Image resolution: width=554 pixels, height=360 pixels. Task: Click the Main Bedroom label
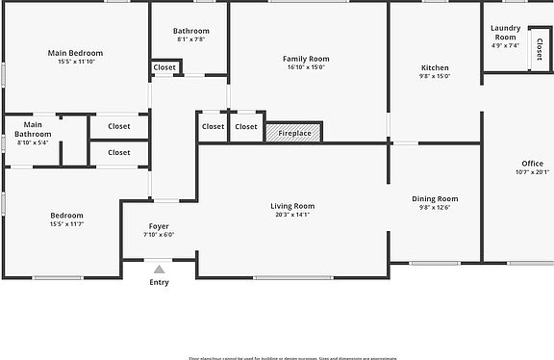(75, 52)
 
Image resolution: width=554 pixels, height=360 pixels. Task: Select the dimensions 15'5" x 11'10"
(75, 62)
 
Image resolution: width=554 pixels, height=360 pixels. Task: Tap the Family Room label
(306, 59)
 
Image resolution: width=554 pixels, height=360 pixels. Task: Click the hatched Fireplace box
(293, 133)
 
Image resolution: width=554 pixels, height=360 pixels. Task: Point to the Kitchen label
(435, 67)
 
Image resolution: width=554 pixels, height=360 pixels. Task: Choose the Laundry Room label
(505, 33)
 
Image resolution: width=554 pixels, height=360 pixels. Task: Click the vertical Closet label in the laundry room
(539, 48)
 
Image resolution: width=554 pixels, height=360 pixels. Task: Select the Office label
(533, 164)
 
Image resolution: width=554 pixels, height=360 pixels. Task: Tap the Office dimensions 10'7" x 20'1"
(533, 173)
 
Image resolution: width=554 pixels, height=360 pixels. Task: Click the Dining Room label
(435, 198)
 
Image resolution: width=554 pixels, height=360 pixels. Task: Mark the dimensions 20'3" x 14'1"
(291, 216)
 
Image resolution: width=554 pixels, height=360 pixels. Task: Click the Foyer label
(159, 225)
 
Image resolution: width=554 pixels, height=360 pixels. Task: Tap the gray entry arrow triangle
(159, 270)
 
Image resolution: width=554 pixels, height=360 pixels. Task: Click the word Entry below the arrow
(159, 282)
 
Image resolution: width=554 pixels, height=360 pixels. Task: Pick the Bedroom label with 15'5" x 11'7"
(66, 216)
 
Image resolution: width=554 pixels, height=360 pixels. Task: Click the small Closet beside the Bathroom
(164, 67)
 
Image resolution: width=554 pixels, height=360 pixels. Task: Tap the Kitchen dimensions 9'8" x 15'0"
(435, 77)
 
